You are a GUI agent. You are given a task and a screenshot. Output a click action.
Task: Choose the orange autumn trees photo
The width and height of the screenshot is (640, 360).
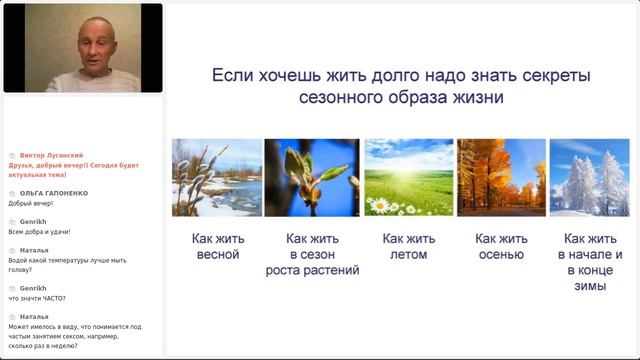[501, 177]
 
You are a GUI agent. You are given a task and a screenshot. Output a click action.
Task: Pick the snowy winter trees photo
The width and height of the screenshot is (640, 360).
[589, 177]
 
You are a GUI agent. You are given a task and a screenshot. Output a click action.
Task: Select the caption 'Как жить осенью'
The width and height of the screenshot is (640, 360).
[501, 246]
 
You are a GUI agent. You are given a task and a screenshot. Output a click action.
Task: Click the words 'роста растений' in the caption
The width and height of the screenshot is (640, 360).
[312, 270]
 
